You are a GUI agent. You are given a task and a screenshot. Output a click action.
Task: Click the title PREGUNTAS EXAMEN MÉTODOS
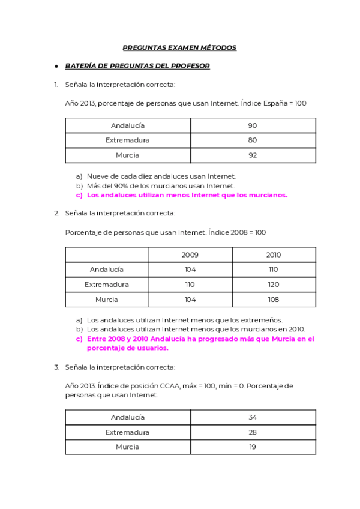point(179,47)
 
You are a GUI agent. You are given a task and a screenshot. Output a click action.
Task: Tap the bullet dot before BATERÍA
point(55,66)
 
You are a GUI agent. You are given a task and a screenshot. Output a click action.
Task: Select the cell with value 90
point(253,125)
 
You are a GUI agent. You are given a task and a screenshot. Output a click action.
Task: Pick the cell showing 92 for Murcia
point(253,155)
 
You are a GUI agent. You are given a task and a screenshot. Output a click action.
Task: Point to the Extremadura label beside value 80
point(127,140)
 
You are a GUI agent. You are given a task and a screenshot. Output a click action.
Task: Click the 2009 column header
point(190,254)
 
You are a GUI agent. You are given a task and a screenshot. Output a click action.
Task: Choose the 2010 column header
point(273,254)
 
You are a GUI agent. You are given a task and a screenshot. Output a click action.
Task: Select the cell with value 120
point(273,285)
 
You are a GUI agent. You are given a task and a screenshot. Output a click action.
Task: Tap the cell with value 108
point(273,300)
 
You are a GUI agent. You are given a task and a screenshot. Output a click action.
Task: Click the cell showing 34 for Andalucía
point(253,417)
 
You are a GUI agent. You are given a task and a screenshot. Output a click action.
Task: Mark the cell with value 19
point(253,447)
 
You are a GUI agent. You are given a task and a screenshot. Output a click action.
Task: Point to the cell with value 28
point(253,432)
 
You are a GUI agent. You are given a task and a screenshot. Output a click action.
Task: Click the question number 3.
point(56,367)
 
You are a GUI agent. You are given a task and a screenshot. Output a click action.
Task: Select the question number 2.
point(56,213)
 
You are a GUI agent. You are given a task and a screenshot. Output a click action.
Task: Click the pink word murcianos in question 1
point(265,195)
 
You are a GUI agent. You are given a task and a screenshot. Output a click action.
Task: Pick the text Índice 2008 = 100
point(237,232)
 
